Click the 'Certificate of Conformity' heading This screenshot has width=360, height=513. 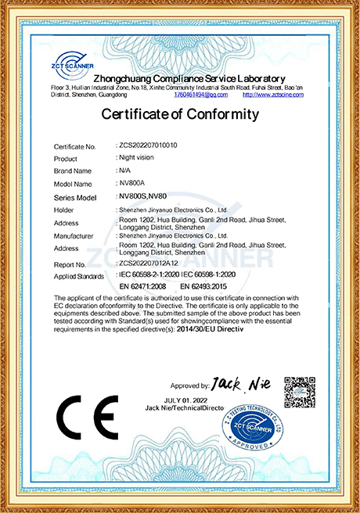[180, 115]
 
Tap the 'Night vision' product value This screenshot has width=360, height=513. [136, 157]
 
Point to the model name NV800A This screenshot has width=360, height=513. [131, 183]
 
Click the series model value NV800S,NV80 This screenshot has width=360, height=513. [142, 196]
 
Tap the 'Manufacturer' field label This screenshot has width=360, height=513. [74, 235]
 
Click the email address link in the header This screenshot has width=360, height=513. [201, 95]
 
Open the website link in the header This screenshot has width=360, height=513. [272, 95]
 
